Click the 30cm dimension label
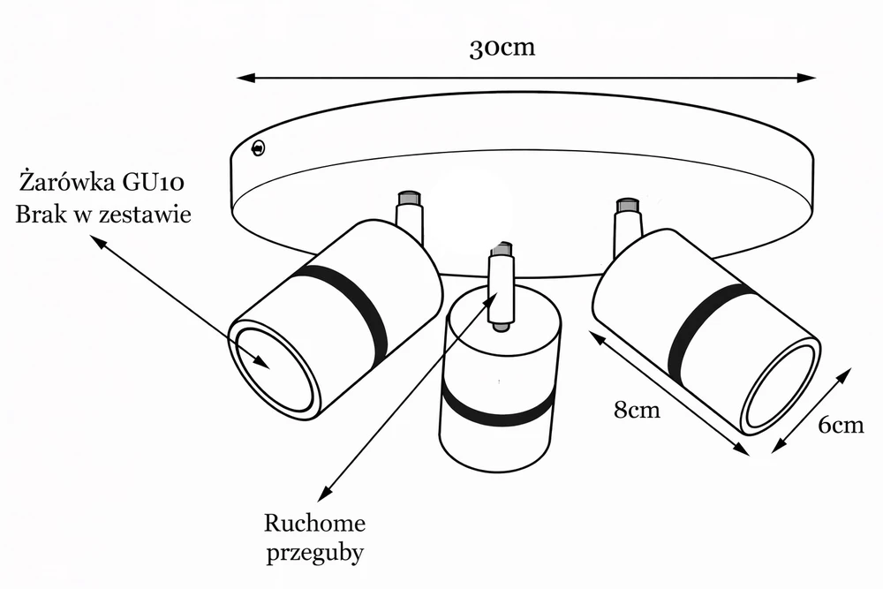pyautogui.click(x=502, y=48)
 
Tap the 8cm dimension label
pyautogui.click(x=637, y=410)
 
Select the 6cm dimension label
pyautogui.click(x=841, y=425)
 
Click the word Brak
pyautogui.click(x=44, y=214)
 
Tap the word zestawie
pyautogui.click(x=148, y=214)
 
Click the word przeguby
pyautogui.click(x=315, y=553)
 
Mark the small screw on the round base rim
pyautogui.click(x=259, y=148)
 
